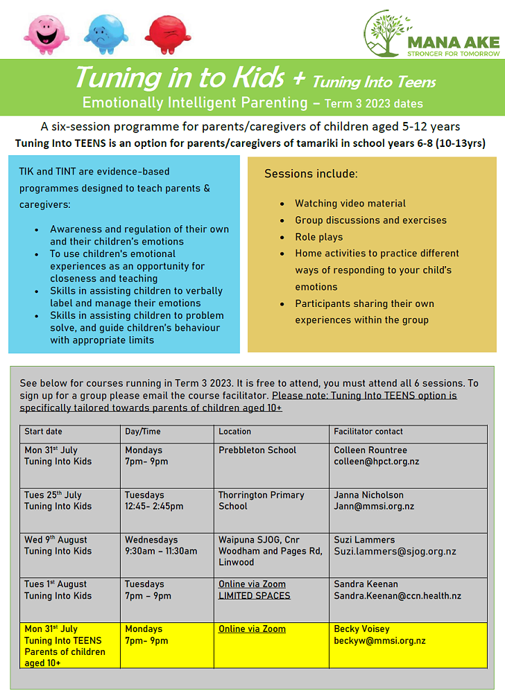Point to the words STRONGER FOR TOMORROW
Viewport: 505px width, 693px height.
[x=452, y=53]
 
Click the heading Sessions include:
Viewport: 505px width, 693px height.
[x=311, y=174]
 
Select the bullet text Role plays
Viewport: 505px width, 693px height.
[x=319, y=237]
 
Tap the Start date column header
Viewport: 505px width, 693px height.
[x=44, y=432]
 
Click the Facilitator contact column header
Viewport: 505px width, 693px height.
[x=368, y=432]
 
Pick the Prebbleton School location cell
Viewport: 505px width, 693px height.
[x=257, y=450]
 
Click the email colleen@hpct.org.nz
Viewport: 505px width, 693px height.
[x=377, y=462]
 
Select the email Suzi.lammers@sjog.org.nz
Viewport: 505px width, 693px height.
[x=395, y=552]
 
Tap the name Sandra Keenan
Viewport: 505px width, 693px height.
[x=366, y=585]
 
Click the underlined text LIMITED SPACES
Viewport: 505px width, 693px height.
[x=255, y=596]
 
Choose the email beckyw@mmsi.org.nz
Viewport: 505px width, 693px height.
[x=379, y=641]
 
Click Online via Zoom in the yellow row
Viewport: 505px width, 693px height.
[x=252, y=629]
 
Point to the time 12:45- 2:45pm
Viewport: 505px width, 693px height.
[x=154, y=507]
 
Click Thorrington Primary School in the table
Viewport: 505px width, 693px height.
[x=261, y=500]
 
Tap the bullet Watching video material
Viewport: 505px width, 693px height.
[x=350, y=204]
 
